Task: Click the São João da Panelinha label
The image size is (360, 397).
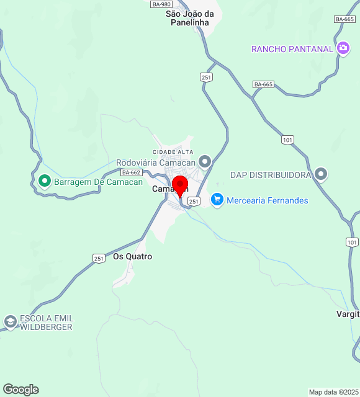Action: (x=190, y=18)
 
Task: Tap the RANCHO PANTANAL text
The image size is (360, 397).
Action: (x=292, y=49)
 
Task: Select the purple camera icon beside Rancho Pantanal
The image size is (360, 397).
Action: (x=343, y=48)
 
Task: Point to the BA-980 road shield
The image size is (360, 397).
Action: (x=161, y=4)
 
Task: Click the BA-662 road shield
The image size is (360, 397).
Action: (x=132, y=172)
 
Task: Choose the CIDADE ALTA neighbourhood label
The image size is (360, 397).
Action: (x=173, y=152)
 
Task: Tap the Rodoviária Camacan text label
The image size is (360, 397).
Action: (x=156, y=163)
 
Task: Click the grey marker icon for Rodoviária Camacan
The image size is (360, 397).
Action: (x=205, y=162)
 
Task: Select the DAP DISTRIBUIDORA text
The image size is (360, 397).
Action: (x=270, y=175)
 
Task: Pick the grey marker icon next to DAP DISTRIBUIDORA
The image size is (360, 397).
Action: (x=321, y=174)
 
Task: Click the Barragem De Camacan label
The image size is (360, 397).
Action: (x=98, y=182)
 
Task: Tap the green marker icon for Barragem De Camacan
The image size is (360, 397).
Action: (x=44, y=182)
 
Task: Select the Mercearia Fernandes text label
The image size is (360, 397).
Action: (x=267, y=200)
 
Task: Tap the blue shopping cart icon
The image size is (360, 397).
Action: (x=217, y=200)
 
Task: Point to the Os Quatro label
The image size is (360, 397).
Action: (x=132, y=256)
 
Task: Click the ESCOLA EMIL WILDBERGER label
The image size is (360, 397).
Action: (x=46, y=323)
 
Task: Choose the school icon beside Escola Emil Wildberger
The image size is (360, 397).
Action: (x=10, y=322)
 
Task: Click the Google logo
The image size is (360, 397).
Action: (x=20, y=389)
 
